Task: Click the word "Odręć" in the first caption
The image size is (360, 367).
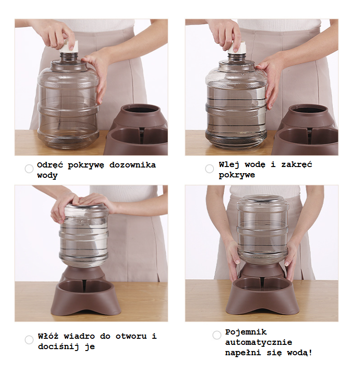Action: (50, 165)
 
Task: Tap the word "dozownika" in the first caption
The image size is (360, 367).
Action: (133, 165)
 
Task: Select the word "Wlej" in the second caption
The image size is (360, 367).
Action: (229, 165)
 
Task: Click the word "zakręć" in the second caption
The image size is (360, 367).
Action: (297, 164)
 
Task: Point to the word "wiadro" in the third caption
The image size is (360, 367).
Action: (79, 336)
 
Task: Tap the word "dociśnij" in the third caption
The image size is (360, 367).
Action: (58, 346)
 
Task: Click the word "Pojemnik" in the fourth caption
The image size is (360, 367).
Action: (246, 332)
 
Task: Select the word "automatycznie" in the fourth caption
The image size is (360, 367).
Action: (258, 342)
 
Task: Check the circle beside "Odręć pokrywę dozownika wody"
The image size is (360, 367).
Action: (29, 169)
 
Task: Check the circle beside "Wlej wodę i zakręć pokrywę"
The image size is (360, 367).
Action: (210, 169)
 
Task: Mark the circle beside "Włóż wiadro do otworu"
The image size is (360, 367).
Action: (29, 340)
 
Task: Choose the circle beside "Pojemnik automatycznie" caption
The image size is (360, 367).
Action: (217, 335)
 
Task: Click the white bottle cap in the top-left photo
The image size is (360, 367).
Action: (69, 46)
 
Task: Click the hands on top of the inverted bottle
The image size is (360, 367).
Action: (82, 204)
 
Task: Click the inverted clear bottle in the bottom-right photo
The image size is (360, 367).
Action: (263, 230)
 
